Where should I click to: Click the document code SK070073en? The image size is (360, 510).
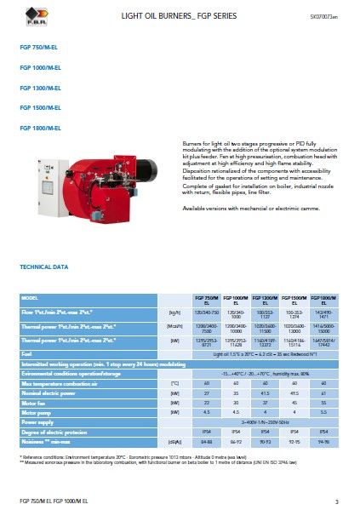(x=324, y=16)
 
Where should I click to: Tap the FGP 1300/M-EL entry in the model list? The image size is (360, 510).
(x=41, y=89)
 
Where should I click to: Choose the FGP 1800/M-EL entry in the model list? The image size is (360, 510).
(x=41, y=128)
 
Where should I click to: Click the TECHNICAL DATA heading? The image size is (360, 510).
(x=43, y=267)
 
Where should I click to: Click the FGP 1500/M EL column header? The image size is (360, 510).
(x=293, y=300)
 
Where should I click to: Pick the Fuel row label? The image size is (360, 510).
(x=27, y=352)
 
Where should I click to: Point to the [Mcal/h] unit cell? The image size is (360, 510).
(x=176, y=326)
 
